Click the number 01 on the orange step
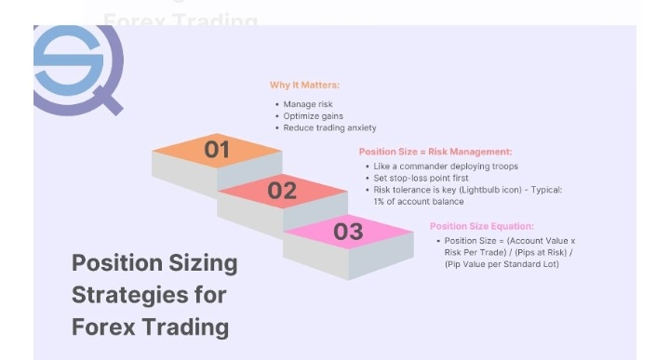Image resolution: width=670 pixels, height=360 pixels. (x=217, y=150)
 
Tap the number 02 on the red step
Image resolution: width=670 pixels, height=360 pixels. (x=282, y=191)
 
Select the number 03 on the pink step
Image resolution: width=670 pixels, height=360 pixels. (x=348, y=232)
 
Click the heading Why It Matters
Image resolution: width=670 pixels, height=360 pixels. (x=304, y=85)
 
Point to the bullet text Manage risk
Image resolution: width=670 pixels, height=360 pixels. (x=308, y=104)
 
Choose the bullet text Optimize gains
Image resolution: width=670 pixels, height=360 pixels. (x=314, y=116)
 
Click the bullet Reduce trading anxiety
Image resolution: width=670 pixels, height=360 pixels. (x=329, y=127)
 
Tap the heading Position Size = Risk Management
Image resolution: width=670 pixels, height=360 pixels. (x=435, y=152)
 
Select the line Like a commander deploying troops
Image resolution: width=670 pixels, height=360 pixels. (x=446, y=167)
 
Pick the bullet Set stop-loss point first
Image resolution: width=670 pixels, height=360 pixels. (x=421, y=178)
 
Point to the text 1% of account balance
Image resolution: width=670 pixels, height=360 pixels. (x=419, y=202)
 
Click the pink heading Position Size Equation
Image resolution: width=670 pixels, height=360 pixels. (x=482, y=226)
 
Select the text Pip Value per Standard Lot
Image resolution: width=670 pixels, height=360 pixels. (x=502, y=264)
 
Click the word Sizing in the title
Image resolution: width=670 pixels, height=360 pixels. (x=203, y=263)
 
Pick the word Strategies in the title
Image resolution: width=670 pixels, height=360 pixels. (x=130, y=295)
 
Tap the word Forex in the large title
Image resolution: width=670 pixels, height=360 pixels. (x=104, y=327)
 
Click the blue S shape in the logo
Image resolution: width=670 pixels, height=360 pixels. (x=68, y=60)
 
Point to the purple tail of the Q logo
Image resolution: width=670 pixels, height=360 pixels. (x=108, y=100)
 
